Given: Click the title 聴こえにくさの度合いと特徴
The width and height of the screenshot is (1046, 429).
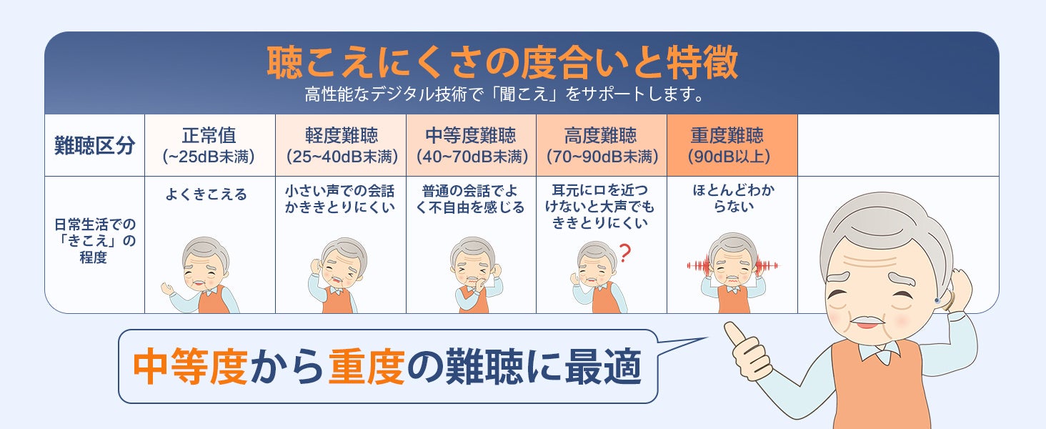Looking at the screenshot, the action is tap(502, 64).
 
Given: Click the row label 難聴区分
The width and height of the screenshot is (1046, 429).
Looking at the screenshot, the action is tap(94, 146).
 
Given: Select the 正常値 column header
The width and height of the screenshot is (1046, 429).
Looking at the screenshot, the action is tap(209, 144).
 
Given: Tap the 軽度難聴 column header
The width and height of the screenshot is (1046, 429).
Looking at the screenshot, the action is tap(341, 144).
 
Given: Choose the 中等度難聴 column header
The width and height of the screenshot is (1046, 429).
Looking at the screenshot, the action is tap(471, 144).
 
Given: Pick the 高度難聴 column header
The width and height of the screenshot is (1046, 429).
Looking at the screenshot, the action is tap(601, 144).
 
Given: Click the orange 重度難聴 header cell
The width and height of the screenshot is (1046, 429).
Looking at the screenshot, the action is tap(732, 144).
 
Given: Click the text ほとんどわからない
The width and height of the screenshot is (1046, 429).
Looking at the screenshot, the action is tap(733, 199).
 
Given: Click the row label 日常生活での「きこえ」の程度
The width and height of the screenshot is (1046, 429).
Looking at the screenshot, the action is tap(94, 240).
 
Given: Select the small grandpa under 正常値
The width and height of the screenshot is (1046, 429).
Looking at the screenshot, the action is tap(204, 275).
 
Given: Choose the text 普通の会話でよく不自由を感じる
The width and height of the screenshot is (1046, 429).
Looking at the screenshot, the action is tap(472, 199).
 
